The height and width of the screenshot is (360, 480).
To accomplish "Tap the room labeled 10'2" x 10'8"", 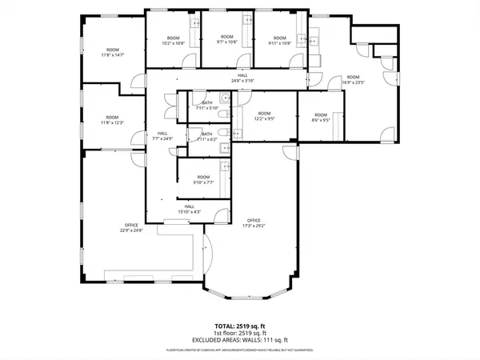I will (173, 41).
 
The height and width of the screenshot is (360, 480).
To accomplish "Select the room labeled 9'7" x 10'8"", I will (227, 40).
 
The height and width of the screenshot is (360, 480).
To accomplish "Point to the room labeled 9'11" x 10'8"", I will (278, 40).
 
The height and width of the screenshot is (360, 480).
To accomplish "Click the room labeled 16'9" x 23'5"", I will (353, 79).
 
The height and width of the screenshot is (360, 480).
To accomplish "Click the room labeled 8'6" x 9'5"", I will (321, 117).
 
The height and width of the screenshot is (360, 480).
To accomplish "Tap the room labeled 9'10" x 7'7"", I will (203, 179).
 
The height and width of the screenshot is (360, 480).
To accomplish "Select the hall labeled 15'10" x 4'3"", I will (190, 209).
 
